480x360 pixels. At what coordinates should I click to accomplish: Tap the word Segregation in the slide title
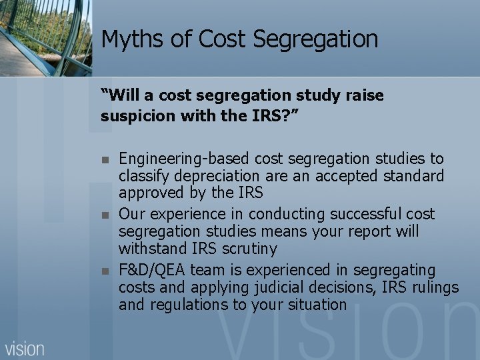pyautogui.click(x=317, y=39)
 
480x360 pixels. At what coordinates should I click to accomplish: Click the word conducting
pyautogui.click(x=285, y=215)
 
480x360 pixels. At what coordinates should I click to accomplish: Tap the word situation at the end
pyautogui.click(x=317, y=305)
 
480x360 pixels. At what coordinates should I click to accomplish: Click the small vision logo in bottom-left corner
pyautogui.click(x=25, y=348)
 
